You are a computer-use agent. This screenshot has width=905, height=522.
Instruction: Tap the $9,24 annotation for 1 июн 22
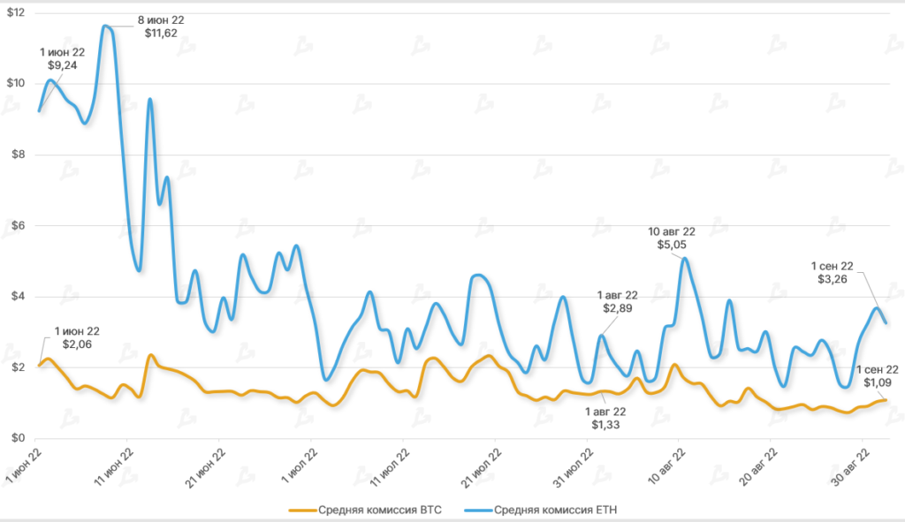(62, 65)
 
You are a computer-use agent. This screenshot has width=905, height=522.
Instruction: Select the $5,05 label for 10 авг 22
(672, 245)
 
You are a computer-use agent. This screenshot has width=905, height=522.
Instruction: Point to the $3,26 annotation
(833, 278)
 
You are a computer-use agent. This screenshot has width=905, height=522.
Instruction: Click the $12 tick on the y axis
(17, 12)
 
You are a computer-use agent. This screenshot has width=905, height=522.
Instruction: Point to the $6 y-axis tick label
(17, 225)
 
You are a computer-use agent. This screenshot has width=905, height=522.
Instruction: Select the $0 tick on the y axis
(17, 438)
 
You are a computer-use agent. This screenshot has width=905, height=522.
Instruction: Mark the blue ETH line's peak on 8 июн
(105, 26)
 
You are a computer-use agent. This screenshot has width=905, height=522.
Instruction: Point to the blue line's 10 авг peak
(684, 258)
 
